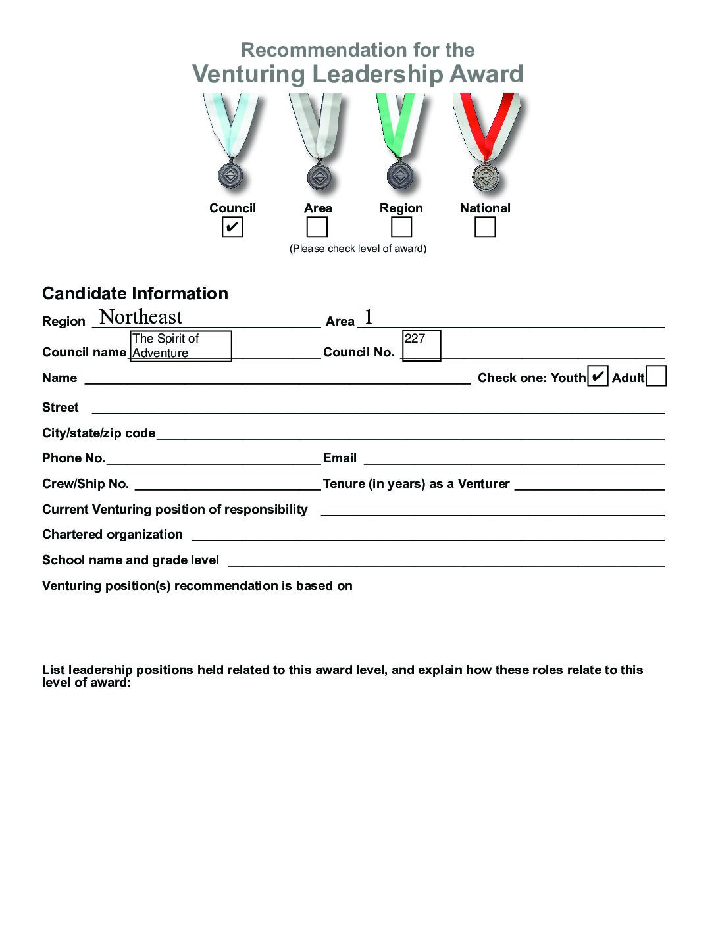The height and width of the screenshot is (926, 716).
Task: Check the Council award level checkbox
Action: [232, 228]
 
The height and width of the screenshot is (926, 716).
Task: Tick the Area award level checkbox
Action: [317, 228]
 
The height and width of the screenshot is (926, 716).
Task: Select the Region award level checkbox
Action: [401, 228]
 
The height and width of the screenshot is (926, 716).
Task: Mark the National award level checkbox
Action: [485, 228]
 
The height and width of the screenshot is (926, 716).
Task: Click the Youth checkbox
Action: [598, 377]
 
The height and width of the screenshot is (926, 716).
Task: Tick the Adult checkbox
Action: [656, 377]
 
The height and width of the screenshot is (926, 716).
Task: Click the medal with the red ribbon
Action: [486, 176]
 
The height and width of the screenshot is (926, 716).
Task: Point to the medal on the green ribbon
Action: [399, 176]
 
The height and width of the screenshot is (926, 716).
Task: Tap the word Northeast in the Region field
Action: [141, 317]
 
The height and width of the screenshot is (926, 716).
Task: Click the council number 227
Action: [415, 339]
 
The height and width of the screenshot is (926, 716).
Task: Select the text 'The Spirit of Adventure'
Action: [166, 346]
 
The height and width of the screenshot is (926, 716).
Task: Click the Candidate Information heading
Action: [135, 293]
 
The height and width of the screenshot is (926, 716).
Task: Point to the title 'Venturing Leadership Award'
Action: [357, 74]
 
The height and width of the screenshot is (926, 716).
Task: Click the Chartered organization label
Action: [113, 535]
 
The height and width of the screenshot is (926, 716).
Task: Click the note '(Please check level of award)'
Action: [358, 249]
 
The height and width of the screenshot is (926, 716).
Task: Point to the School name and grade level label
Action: [130, 560]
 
